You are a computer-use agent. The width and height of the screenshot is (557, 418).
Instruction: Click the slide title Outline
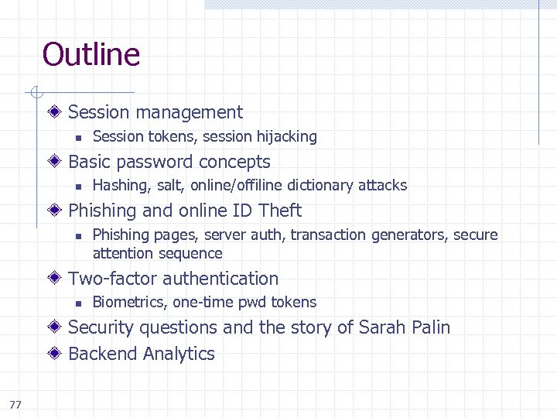click(91, 55)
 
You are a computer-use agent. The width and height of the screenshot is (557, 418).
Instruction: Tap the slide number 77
click(15, 404)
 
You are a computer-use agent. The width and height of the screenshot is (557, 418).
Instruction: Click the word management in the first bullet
click(192, 112)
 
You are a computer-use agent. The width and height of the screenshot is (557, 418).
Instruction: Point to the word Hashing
click(120, 186)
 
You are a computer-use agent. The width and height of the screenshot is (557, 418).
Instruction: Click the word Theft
click(280, 211)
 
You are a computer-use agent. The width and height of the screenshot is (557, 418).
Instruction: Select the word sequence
click(191, 254)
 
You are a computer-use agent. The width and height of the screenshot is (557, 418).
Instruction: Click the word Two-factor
click(114, 279)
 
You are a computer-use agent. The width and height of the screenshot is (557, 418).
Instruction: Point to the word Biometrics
click(129, 303)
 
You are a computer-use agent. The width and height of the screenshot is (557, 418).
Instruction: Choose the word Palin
click(426, 327)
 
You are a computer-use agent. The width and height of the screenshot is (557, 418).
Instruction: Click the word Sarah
click(380, 327)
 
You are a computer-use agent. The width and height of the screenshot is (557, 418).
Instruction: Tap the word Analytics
click(179, 355)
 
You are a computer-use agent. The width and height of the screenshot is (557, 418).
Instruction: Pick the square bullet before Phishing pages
click(77, 235)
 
